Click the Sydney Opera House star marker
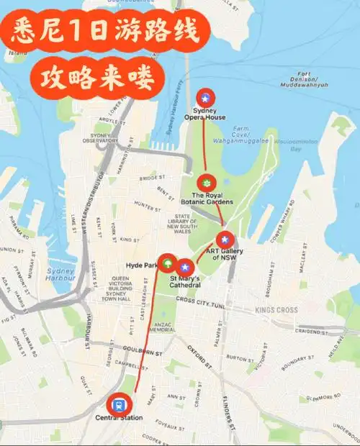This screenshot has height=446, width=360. click(206, 97)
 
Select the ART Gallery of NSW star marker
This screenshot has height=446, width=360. click(225, 239)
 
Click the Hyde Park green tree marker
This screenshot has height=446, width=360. click(168, 263)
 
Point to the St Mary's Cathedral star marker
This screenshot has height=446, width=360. click(186, 267)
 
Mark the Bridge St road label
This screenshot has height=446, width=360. click(152, 176)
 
